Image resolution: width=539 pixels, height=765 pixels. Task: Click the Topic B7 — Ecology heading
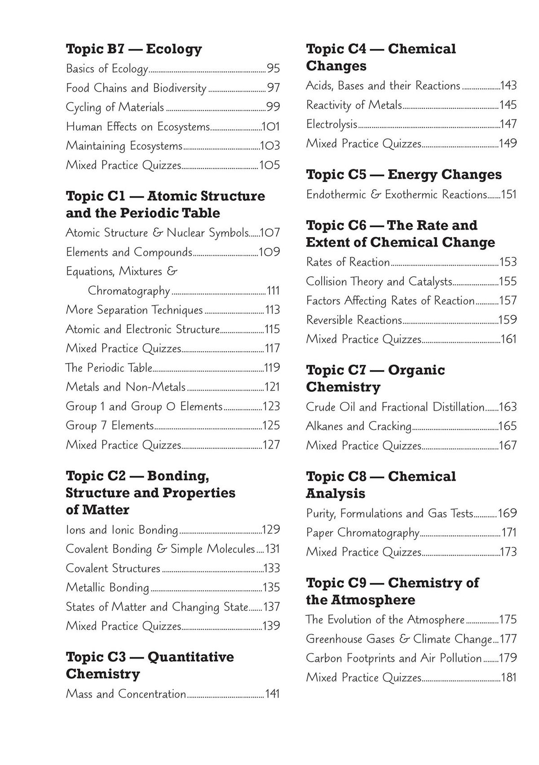tap(133, 49)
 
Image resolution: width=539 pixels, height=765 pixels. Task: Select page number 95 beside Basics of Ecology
tap(273, 68)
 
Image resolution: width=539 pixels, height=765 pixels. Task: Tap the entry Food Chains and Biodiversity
tap(136, 88)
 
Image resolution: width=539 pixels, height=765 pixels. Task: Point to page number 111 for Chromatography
tap(273, 291)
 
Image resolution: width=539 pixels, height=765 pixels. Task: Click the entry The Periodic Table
tap(109, 367)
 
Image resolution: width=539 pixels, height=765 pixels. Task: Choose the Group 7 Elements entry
tap(110, 425)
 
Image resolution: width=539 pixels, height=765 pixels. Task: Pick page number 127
tap(271, 445)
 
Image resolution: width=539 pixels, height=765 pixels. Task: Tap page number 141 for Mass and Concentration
tap(272, 694)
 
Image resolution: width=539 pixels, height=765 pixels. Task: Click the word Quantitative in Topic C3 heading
tap(190, 657)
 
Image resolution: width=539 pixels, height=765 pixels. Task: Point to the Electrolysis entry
tap(331, 124)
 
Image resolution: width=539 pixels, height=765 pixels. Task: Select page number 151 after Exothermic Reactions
tap(509, 195)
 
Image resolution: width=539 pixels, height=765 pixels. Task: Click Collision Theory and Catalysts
tap(379, 281)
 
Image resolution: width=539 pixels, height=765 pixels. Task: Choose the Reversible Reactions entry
tap(353, 320)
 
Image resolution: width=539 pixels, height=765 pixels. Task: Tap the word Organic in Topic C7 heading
tap(416, 370)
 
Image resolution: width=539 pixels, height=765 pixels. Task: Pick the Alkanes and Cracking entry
tap(358, 426)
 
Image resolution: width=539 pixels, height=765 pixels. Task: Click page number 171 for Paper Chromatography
tap(509, 533)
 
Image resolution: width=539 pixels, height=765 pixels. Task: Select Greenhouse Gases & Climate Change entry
tap(399, 639)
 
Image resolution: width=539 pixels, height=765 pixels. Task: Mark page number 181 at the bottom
tap(509, 677)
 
